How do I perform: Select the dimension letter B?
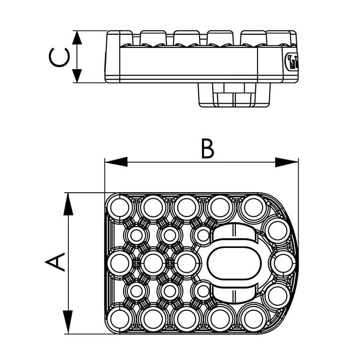207,149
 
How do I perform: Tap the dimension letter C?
59,57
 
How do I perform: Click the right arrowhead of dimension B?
286,162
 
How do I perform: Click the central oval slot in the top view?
233,263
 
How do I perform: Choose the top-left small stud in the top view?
136,235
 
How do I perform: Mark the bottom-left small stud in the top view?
136,291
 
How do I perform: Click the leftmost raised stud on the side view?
153,37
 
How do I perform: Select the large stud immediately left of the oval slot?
187,263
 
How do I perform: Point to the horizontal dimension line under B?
202,162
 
